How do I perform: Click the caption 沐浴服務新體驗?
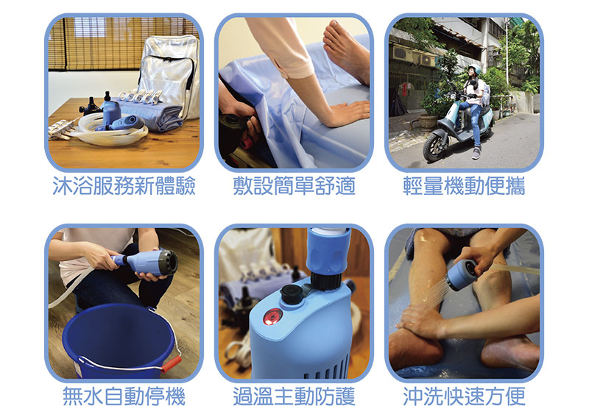[x=124, y=186]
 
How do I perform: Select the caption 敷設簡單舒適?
[x=294, y=186]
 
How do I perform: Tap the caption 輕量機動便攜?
[x=464, y=186]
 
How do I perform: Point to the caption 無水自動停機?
[x=124, y=396]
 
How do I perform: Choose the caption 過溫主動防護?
[x=294, y=396]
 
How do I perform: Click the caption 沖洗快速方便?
[x=464, y=396]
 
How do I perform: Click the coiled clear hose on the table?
[x=113, y=132]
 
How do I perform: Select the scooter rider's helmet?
[x=475, y=69]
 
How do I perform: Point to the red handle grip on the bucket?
[x=171, y=363]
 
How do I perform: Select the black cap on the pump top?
[x=291, y=293]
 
